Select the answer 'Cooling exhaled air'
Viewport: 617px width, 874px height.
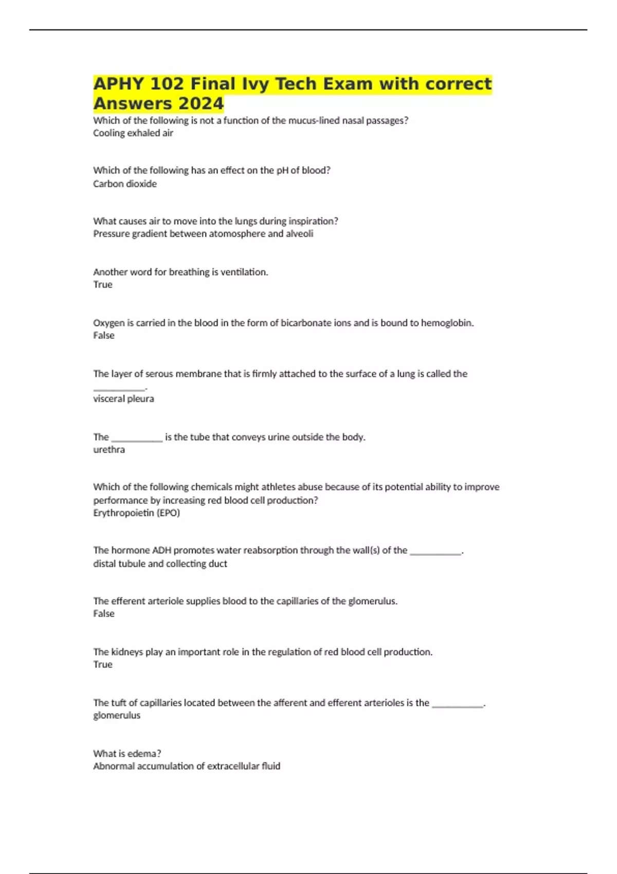tap(133, 133)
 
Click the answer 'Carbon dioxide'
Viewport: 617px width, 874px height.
tap(125, 184)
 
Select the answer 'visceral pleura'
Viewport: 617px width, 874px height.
tap(123, 398)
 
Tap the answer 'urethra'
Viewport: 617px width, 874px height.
tap(109, 449)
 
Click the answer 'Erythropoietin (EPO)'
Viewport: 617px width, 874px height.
tap(136, 513)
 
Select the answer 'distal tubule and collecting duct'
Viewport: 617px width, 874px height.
tap(160, 563)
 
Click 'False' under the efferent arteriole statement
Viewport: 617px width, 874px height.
tap(104, 613)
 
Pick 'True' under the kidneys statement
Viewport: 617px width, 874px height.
tap(103, 664)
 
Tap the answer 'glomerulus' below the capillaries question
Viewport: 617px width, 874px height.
tap(117, 715)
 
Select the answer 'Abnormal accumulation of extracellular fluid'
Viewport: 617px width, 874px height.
tap(187, 766)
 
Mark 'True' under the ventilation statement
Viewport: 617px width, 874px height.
tap(103, 284)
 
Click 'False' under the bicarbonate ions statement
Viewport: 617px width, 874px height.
tap(104, 335)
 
